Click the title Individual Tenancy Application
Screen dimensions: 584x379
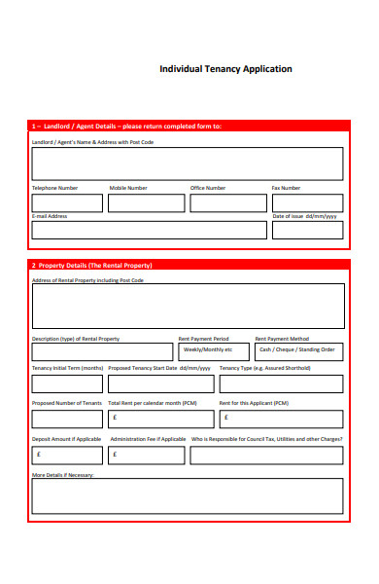click(x=225, y=69)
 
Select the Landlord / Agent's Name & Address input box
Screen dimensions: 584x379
click(x=188, y=164)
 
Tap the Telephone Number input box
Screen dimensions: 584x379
click(x=67, y=202)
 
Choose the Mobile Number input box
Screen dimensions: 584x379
click(x=146, y=202)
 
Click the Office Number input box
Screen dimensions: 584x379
click(x=227, y=202)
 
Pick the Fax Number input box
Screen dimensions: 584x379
click(x=307, y=202)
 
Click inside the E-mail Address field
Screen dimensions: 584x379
click(x=149, y=230)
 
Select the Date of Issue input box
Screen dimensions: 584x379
click(x=307, y=230)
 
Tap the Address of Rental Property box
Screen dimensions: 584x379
click(x=188, y=306)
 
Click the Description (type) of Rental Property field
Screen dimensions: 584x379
click(x=102, y=350)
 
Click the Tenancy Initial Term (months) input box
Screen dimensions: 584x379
click(x=67, y=383)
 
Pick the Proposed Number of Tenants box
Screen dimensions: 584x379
click(x=67, y=419)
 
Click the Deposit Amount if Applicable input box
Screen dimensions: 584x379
click(x=67, y=454)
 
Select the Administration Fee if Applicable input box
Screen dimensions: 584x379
click(x=146, y=454)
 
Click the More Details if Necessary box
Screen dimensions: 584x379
click(x=188, y=495)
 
